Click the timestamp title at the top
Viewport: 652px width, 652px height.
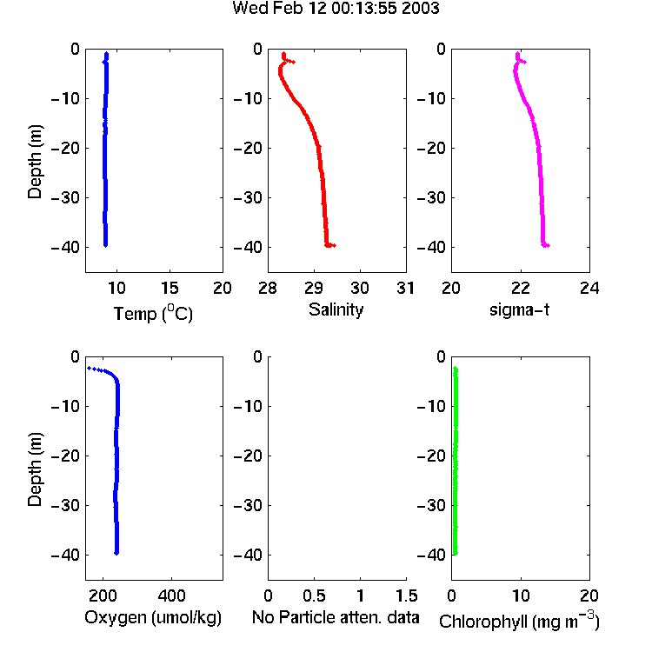point(336,8)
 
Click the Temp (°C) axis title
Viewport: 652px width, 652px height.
point(153,313)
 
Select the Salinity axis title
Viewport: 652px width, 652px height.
point(336,309)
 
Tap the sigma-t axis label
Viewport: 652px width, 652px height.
point(519,309)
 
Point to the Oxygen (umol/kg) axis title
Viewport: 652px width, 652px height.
point(153,617)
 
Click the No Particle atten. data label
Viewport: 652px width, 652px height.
point(336,617)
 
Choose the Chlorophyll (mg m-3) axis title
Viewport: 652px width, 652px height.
point(519,621)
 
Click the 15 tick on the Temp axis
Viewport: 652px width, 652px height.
point(170,288)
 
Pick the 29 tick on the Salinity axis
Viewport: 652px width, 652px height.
point(314,288)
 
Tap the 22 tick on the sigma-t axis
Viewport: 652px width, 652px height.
point(520,288)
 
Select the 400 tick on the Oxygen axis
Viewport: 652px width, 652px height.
point(171,595)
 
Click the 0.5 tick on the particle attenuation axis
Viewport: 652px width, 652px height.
point(314,595)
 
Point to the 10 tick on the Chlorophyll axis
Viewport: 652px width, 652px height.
point(521,595)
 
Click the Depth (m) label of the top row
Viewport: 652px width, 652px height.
point(35,162)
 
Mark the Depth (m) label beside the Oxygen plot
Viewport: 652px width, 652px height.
point(35,469)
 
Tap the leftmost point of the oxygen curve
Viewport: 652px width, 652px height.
point(89,368)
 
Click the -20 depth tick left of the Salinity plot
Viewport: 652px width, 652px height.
point(249,148)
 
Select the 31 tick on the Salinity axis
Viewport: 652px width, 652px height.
point(405,288)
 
